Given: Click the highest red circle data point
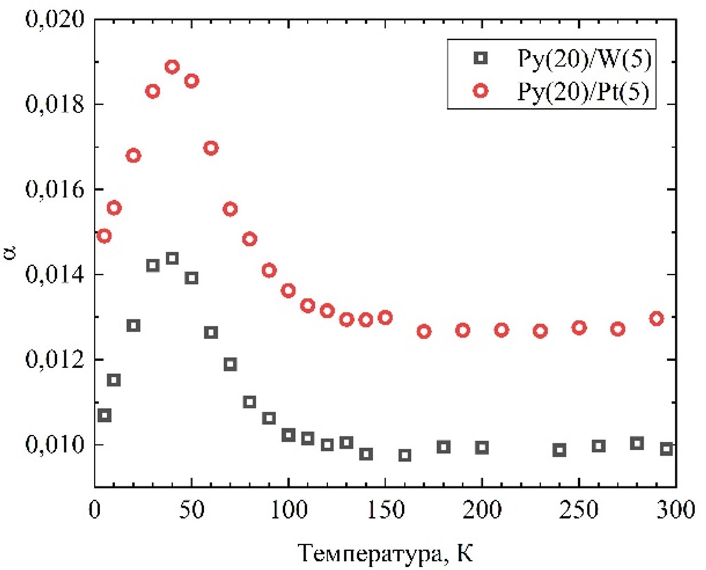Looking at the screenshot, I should pyautogui.click(x=172, y=66).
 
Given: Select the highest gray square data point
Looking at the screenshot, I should pyautogui.click(x=172, y=258).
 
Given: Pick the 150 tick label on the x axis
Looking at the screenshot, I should pyautogui.click(x=385, y=510).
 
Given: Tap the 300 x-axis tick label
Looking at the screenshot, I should pyautogui.click(x=675, y=510).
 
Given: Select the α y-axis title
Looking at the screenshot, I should pyautogui.click(x=12, y=253).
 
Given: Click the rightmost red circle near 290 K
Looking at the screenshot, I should pyautogui.click(x=657, y=319).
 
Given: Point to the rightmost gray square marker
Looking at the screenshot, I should pyautogui.click(x=666, y=449).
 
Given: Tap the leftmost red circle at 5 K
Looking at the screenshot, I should pyautogui.click(x=104, y=236).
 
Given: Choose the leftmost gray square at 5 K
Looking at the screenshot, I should pyautogui.click(x=104, y=415).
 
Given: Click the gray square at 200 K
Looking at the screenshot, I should pyautogui.click(x=482, y=447).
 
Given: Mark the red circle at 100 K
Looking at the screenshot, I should pyautogui.click(x=288, y=290).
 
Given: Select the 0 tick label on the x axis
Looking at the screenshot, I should pyautogui.click(x=94, y=510).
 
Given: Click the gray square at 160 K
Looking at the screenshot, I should pyautogui.click(x=405, y=455).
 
